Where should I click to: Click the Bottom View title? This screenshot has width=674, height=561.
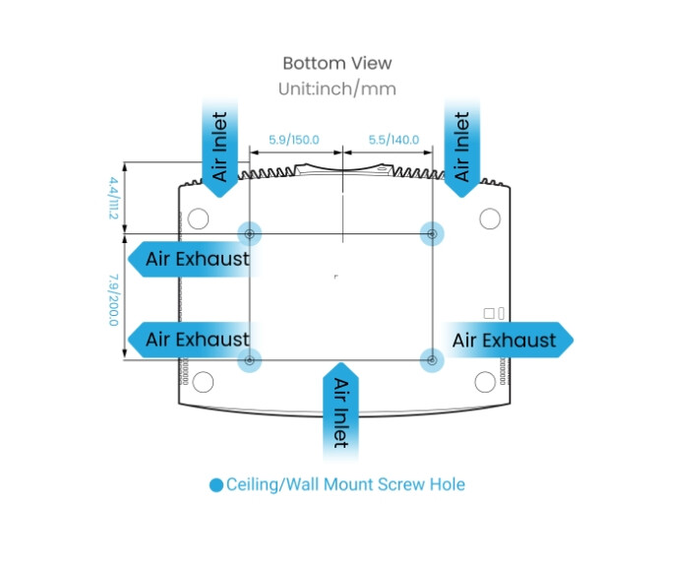(337, 63)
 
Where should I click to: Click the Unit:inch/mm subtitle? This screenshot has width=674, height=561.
(337, 89)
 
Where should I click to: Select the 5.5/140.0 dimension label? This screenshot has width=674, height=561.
(393, 140)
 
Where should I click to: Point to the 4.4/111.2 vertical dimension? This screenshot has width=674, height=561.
(114, 198)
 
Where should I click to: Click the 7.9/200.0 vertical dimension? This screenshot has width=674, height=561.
(114, 299)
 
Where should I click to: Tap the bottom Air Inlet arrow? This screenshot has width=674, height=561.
(340, 411)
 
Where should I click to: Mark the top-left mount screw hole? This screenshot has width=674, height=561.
(250, 233)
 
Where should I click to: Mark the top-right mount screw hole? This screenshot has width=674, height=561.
(431, 233)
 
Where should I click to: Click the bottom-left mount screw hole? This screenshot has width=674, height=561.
(250, 359)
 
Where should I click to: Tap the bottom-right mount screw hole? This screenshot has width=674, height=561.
(431, 359)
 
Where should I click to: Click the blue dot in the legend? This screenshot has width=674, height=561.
(216, 484)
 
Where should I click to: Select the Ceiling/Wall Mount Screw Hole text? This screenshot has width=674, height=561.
(345, 484)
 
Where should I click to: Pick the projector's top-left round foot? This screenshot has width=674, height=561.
(198, 217)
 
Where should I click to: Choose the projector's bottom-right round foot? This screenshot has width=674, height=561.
(485, 381)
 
